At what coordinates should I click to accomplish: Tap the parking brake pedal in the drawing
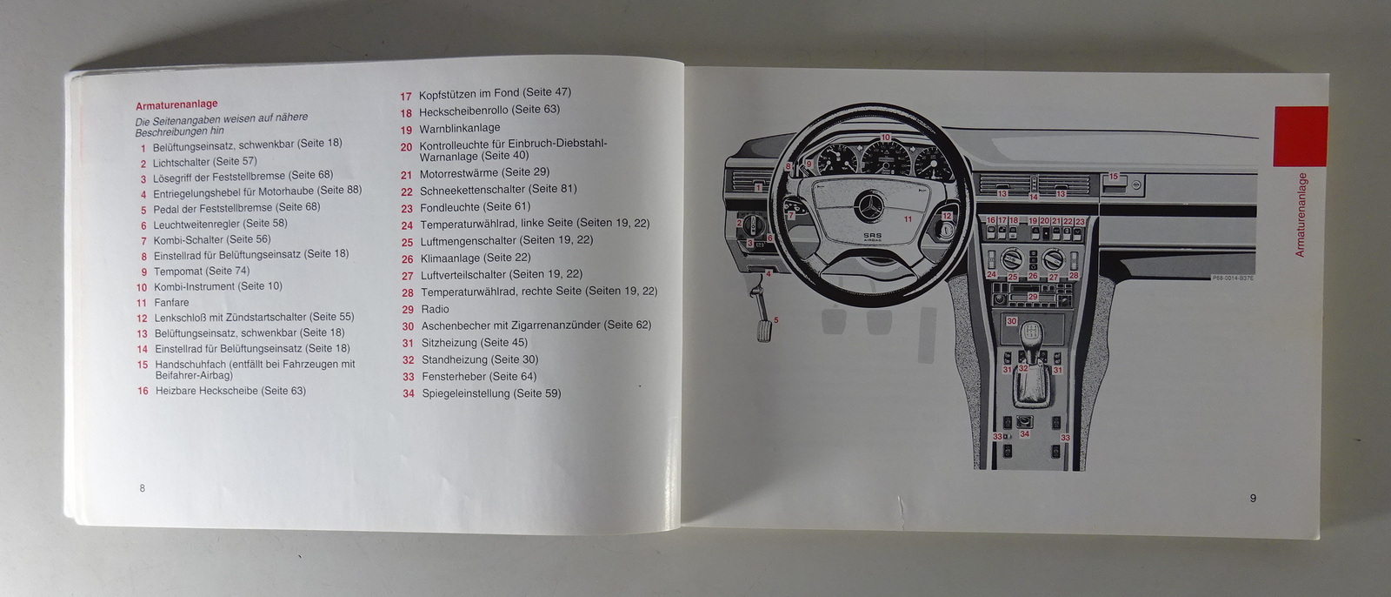(x=764, y=332)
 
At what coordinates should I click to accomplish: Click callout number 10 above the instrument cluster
(x=885, y=138)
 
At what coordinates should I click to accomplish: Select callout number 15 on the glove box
(x=1113, y=177)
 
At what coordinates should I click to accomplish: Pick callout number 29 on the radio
(x=1033, y=297)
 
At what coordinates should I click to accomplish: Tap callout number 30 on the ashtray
(x=1011, y=321)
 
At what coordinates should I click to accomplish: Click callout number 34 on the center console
(x=1024, y=433)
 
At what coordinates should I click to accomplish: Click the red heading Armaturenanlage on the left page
(x=176, y=104)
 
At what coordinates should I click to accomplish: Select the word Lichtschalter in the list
(x=181, y=162)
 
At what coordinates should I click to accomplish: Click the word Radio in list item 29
(x=435, y=309)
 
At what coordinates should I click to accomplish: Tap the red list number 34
(x=408, y=394)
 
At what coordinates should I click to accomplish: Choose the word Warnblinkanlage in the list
(x=459, y=128)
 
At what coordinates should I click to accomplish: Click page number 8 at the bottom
(x=143, y=488)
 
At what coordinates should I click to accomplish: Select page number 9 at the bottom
(x=1253, y=498)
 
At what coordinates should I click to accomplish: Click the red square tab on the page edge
(x=1300, y=136)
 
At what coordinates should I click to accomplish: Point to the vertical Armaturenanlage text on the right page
(x=1301, y=214)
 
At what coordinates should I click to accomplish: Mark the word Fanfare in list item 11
(x=171, y=303)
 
